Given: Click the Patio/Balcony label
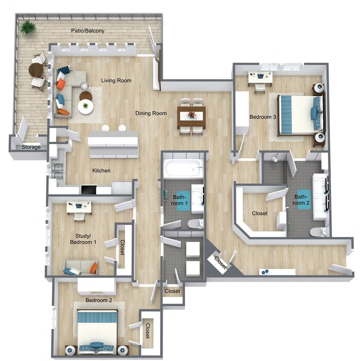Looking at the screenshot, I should coord(88,31).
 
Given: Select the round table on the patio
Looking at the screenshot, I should coord(36,70).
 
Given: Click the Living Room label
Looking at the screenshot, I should coord(116,80).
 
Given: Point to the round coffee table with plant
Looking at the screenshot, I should coord(85,106).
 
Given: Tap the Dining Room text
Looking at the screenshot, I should coord(151,113).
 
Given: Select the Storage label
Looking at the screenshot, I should coord(31,147).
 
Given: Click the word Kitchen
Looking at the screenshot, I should coord(101,171).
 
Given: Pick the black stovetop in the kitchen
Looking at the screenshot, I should coord(89,189).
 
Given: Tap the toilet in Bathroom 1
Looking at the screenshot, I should coord(196,223).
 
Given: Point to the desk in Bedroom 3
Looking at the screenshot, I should coord(260,77).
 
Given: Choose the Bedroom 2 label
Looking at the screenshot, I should coord(98,300).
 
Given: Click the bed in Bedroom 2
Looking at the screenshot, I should coord(97,330).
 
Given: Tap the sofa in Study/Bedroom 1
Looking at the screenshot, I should coord(80,267).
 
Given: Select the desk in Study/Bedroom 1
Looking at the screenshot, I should coord(79,207).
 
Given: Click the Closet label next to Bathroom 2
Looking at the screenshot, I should coord(259,213).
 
